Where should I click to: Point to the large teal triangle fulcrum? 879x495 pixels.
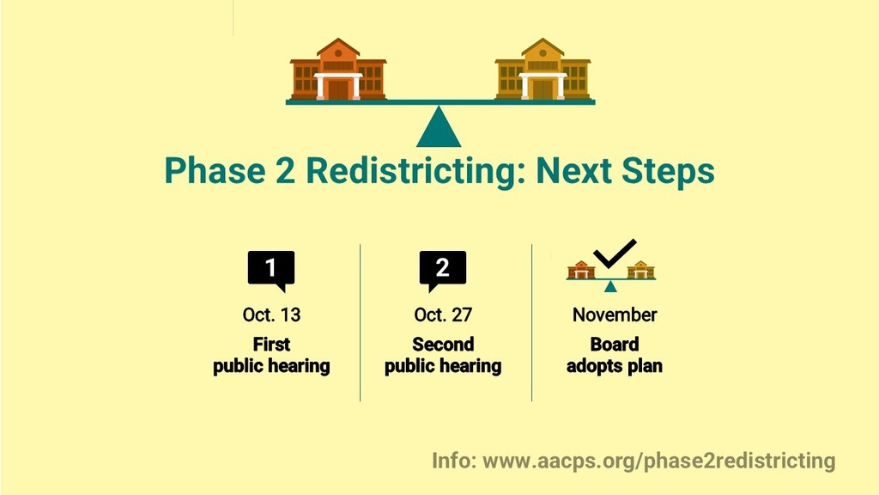tap(439, 126)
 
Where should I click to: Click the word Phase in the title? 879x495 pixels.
tap(215, 171)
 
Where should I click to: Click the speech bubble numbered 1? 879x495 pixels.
tap(271, 271)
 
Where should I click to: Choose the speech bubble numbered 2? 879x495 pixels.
tap(443, 271)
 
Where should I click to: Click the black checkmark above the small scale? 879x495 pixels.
tap(615, 254)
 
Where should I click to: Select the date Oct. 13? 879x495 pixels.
tap(271, 315)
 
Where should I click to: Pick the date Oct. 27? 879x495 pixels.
tap(443, 315)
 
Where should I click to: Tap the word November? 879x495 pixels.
tap(615, 315)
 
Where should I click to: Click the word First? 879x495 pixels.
tap(271, 344)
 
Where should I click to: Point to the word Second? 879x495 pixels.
tap(443, 344)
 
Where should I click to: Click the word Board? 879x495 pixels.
tap(615, 344)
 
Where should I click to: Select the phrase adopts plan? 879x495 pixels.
tap(615, 366)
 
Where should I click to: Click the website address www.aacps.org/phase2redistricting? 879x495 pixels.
tap(659, 461)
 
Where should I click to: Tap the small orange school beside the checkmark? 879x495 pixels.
tap(581, 270)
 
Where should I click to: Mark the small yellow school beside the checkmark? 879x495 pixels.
tap(640, 270)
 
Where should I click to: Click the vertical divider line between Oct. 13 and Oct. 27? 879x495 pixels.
tap(360, 323)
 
